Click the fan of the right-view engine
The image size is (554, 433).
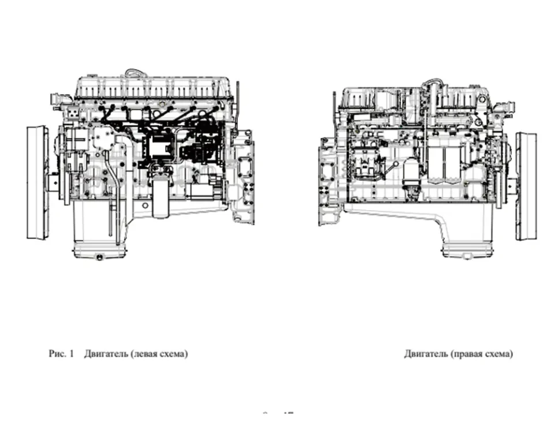click(x=526, y=186)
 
